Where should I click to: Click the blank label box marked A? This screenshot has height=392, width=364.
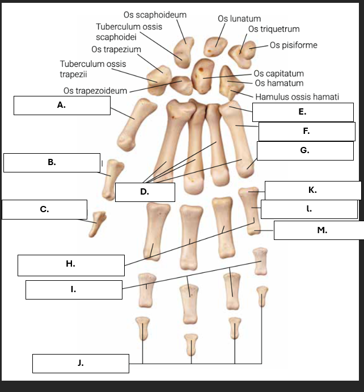[62, 106]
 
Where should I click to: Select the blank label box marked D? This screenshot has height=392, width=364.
[145, 192]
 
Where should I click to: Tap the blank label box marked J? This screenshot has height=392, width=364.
[81, 363]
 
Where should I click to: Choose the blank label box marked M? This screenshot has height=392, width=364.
[319, 230]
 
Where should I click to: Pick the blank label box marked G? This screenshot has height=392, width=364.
[305, 150]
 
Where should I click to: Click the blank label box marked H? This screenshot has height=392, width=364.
[71, 265]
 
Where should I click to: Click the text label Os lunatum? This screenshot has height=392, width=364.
[239, 19]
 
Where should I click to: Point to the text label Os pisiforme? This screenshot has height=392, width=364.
[294, 45]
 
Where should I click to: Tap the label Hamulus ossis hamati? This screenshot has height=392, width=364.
[297, 97]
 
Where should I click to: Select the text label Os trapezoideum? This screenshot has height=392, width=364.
[95, 91]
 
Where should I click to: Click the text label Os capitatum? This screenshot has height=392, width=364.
[278, 74]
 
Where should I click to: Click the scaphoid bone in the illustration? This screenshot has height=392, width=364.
[184, 52]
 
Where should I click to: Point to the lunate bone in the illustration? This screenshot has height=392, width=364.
[215, 47]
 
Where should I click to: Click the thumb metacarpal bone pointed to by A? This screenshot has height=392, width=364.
[137, 124]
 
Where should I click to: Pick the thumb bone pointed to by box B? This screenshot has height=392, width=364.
[112, 180]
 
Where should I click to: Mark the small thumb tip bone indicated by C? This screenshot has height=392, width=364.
[98, 224]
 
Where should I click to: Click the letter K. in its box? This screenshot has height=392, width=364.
[312, 190]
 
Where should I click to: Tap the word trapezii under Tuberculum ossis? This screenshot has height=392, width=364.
[73, 74]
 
